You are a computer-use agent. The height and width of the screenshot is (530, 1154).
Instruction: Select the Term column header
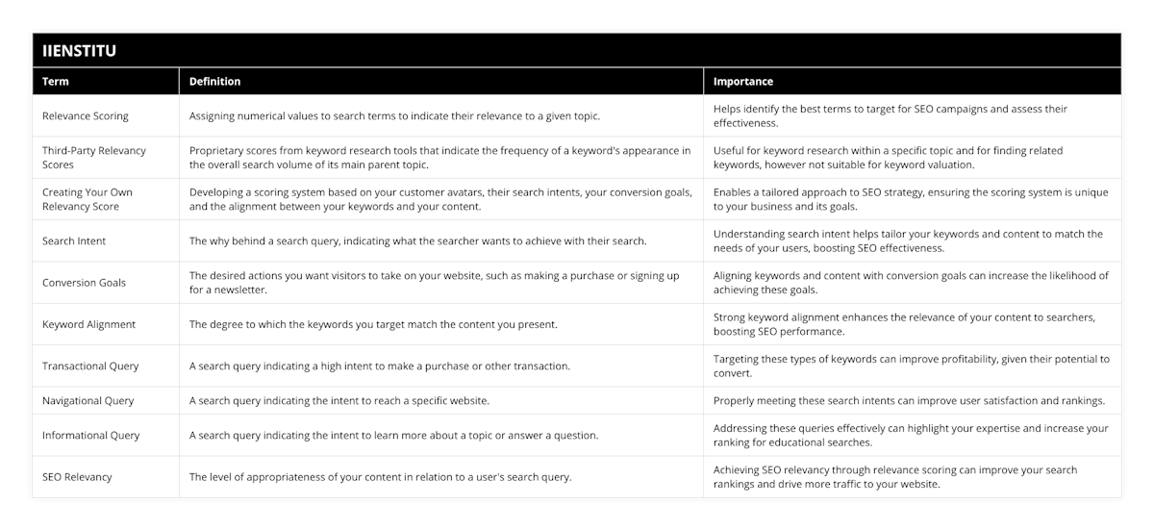click(56, 82)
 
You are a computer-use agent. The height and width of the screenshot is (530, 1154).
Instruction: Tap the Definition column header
click(214, 82)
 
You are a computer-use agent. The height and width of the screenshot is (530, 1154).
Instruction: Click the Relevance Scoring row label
click(85, 116)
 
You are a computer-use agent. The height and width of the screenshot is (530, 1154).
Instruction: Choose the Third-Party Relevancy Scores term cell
click(93, 158)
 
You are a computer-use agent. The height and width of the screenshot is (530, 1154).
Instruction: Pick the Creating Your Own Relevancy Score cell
click(88, 199)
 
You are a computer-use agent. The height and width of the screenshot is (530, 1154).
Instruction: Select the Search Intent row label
click(74, 240)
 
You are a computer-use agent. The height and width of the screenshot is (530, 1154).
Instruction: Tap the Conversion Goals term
click(84, 283)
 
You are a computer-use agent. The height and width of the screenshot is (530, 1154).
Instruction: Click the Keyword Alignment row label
click(88, 324)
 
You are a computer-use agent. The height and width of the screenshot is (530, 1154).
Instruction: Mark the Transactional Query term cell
click(90, 366)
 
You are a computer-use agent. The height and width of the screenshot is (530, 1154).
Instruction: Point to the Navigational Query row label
click(88, 400)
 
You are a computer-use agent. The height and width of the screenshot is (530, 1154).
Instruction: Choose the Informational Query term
click(90, 435)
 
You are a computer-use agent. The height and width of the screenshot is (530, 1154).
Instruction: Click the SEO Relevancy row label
click(77, 477)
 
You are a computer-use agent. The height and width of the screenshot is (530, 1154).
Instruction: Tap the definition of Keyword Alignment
click(373, 324)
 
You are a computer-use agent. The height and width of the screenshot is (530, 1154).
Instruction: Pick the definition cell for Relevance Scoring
click(394, 116)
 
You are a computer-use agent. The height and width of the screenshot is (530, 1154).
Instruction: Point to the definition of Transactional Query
click(379, 366)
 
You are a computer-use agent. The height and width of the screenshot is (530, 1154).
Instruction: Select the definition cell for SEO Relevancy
click(380, 477)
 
